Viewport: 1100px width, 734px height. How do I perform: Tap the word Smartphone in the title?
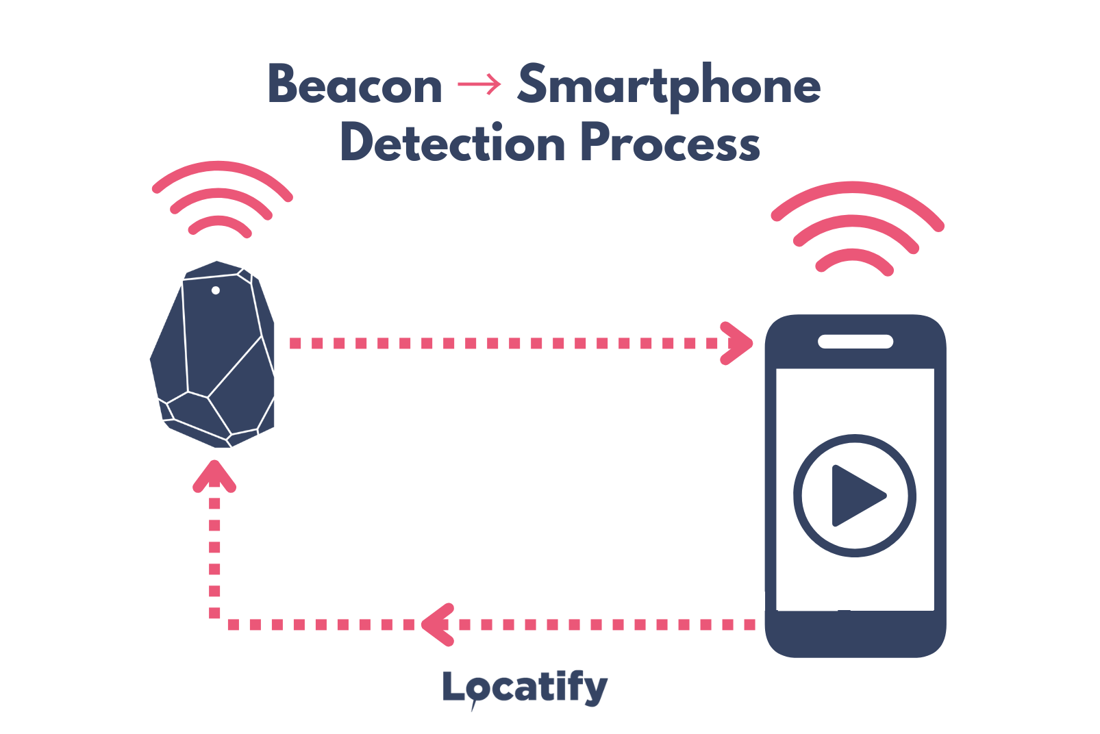668,86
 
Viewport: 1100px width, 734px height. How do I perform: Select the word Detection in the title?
452,144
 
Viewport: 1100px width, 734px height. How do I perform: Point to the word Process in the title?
670,144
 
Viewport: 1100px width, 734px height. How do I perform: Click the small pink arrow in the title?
479,85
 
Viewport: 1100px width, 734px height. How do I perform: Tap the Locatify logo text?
525,687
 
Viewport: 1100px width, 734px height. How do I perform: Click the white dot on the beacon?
216,290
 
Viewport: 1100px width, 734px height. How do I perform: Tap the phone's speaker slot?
855,341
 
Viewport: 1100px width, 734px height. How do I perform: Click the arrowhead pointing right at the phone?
738,343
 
